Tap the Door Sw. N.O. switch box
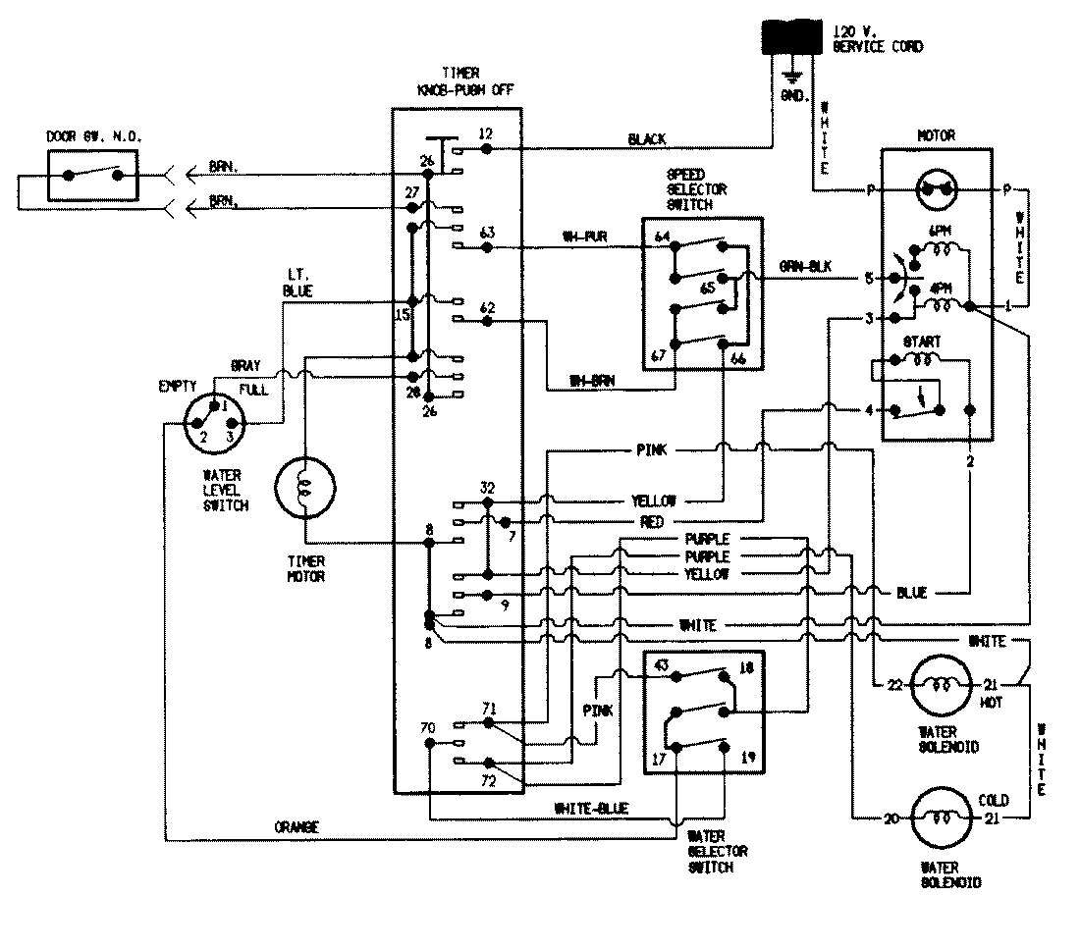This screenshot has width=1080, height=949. click(93, 176)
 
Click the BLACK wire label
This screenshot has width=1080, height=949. click(646, 140)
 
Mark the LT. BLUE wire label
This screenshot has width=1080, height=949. click(298, 284)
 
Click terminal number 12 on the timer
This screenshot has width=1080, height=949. click(485, 133)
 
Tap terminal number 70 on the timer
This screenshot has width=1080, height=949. click(428, 727)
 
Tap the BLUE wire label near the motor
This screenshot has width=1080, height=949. click(910, 593)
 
